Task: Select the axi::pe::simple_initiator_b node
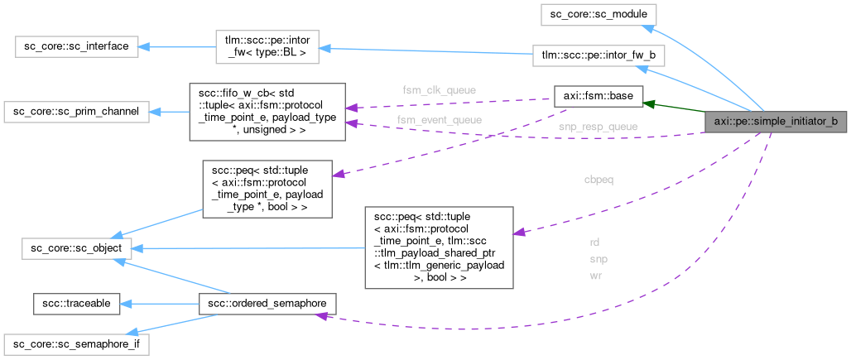pyautogui.click(x=776, y=122)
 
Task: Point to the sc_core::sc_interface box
pyautogui.click(x=73, y=46)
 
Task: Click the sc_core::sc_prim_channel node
pyautogui.click(x=76, y=111)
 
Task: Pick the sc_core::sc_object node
pyautogui.click(x=73, y=247)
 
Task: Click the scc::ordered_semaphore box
pyautogui.click(x=267, y=304)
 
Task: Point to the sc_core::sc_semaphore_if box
pyautogui.click(x=76, y=343)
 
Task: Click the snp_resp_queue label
pyautogui.click(x=586, y=127)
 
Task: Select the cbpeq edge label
pyautogui.click(x=599, y=179)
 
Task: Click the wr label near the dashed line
pyautogui.click(x=596, y=276)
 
